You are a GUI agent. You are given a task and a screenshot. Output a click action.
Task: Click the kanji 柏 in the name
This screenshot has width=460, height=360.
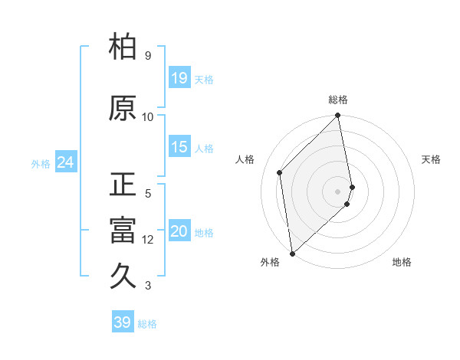click(x=123, y=47)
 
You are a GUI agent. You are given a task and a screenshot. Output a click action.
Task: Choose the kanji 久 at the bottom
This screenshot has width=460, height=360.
click(x=123, y=277)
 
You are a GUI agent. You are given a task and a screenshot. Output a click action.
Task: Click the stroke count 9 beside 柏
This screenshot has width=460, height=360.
click(x=147, y=56)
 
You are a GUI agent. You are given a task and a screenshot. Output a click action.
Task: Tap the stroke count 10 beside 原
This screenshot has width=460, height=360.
click(x=148, y=117)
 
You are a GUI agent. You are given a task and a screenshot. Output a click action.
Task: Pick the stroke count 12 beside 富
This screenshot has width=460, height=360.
click(x=148, y=240)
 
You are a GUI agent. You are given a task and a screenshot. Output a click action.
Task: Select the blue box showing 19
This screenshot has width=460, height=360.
click(x=179, y=77)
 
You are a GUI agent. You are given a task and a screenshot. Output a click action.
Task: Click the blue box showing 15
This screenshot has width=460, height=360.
click(x=179, y=147)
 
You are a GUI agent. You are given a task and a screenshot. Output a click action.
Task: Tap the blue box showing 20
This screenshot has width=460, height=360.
click(x=179, y=231)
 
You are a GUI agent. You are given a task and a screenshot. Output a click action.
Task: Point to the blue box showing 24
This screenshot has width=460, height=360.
click(x=65, y=162)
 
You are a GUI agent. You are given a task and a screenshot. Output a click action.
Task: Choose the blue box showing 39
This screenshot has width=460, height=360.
click(x=122, y=322)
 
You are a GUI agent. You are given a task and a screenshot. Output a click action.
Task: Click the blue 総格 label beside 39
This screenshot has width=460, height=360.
click(x=147, y=324)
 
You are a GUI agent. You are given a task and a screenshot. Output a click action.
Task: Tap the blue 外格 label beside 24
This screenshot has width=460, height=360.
click(x=41, y=163)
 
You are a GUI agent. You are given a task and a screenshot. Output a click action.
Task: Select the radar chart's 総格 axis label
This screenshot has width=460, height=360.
click(x=338, y=100)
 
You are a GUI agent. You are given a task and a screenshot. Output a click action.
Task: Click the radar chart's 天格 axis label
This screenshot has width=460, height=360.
click(x=431, y=159)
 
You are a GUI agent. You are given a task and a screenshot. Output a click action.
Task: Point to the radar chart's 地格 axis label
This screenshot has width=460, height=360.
click(x=402, y=262)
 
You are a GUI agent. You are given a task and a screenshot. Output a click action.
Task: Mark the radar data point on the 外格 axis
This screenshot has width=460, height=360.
click(x=291, y=253)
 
